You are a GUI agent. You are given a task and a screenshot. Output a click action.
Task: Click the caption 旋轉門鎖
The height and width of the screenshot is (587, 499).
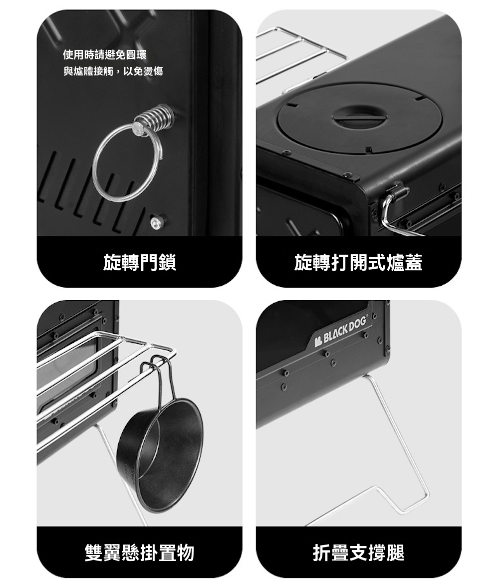click(140, 262)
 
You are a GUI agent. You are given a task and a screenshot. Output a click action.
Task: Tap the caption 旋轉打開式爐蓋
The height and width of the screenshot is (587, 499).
click(358, 262)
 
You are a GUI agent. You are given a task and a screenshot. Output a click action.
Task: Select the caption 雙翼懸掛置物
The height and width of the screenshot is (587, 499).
click(140, 553)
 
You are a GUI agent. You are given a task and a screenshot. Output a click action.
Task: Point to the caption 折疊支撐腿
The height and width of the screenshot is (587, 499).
click(358, 553)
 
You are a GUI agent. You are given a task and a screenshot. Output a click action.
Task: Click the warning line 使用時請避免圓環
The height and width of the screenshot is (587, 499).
click(104, 55)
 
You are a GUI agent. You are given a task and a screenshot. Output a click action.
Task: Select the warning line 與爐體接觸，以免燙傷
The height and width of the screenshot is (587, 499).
click(113, 71)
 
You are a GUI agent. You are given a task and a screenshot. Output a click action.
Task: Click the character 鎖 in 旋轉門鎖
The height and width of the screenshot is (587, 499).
click(167, 262)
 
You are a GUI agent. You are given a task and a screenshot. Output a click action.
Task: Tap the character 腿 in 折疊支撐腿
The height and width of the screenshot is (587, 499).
click(396, 553)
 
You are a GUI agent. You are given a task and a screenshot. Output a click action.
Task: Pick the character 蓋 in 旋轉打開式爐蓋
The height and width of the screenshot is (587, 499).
click(414, 262)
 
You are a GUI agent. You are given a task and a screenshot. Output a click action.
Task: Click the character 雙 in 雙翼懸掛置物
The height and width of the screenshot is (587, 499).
click(94, 553)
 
